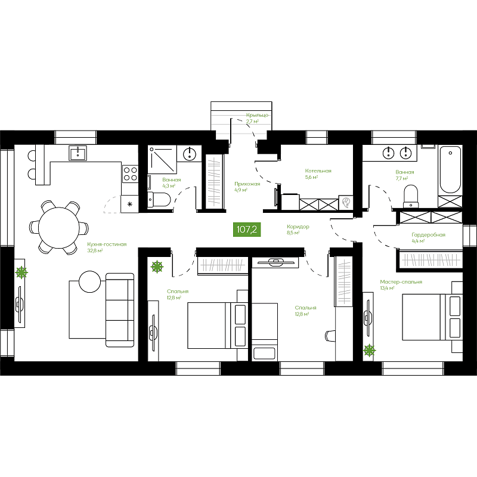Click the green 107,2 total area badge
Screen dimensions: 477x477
tap(247, 229)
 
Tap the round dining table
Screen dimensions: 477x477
tap(59, 227)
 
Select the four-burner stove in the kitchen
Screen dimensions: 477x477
tap(130, 174)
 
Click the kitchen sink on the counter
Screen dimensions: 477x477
tap(78, 153)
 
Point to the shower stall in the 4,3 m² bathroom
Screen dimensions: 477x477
tap(162, 159)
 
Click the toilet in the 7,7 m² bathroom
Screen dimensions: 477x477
tap(411, 196)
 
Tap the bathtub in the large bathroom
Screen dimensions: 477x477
tap(451, 170)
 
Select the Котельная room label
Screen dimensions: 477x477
tap(318, 171)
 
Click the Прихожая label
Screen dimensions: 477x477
tap(247, 184)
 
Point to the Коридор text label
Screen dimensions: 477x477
tap(298, 227)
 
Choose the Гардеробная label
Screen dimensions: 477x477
tap(428, 235)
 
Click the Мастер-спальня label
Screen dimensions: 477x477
tap(401, 282)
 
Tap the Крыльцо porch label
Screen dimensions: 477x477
tap(258, 115)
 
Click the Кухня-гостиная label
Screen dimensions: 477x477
tap(107, 244)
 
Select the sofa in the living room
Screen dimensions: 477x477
tap(120, 310)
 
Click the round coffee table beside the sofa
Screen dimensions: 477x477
tap(90, 281)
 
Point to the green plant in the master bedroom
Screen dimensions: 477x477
tap(369, 351)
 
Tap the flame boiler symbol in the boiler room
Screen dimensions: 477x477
tap(346, 203)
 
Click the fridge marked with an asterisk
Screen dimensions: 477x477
tap(129, 204)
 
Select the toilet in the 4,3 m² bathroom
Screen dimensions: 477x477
tap(159, 199)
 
